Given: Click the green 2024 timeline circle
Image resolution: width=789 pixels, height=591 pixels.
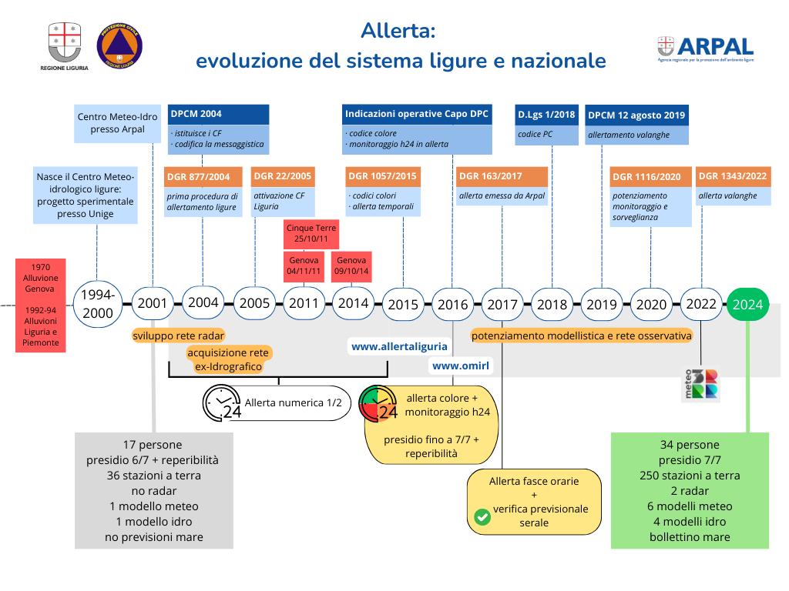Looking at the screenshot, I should [x=747, y=304].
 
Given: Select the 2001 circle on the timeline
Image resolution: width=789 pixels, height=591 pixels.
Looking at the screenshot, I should [x=153, y=303].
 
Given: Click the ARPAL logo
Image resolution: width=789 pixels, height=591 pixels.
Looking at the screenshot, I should [x=705, y=49].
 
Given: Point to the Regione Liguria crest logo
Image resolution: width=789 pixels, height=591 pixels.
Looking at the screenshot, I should [x=64, y=46].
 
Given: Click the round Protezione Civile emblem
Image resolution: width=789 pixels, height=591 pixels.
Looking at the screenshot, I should [x=119, y=48].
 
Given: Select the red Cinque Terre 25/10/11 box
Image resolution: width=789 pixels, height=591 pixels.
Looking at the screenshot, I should [x=311, y=232].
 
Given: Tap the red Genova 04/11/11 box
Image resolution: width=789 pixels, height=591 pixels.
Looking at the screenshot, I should [x=303, y=266].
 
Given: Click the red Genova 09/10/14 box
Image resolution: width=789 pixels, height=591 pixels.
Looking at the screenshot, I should [x=351, y=266].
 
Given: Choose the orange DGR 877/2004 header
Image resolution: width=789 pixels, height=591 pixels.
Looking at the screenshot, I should [x=203, y=176].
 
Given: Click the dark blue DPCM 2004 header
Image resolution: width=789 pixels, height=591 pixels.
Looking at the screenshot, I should [x=218, y=114].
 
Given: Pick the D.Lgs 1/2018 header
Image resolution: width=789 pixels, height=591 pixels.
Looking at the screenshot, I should [x=546, y=115].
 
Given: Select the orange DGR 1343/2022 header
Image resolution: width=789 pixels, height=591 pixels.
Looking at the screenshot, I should [x=733, y=175].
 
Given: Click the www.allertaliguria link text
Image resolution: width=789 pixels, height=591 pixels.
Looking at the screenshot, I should [x=399, y=347].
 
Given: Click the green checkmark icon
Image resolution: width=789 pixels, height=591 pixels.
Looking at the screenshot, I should [x=482, y=516].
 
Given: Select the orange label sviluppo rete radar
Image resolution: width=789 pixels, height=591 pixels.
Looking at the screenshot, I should [x=178, y=336].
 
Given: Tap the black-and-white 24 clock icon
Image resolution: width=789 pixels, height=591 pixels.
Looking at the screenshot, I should [x=222, y=402].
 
